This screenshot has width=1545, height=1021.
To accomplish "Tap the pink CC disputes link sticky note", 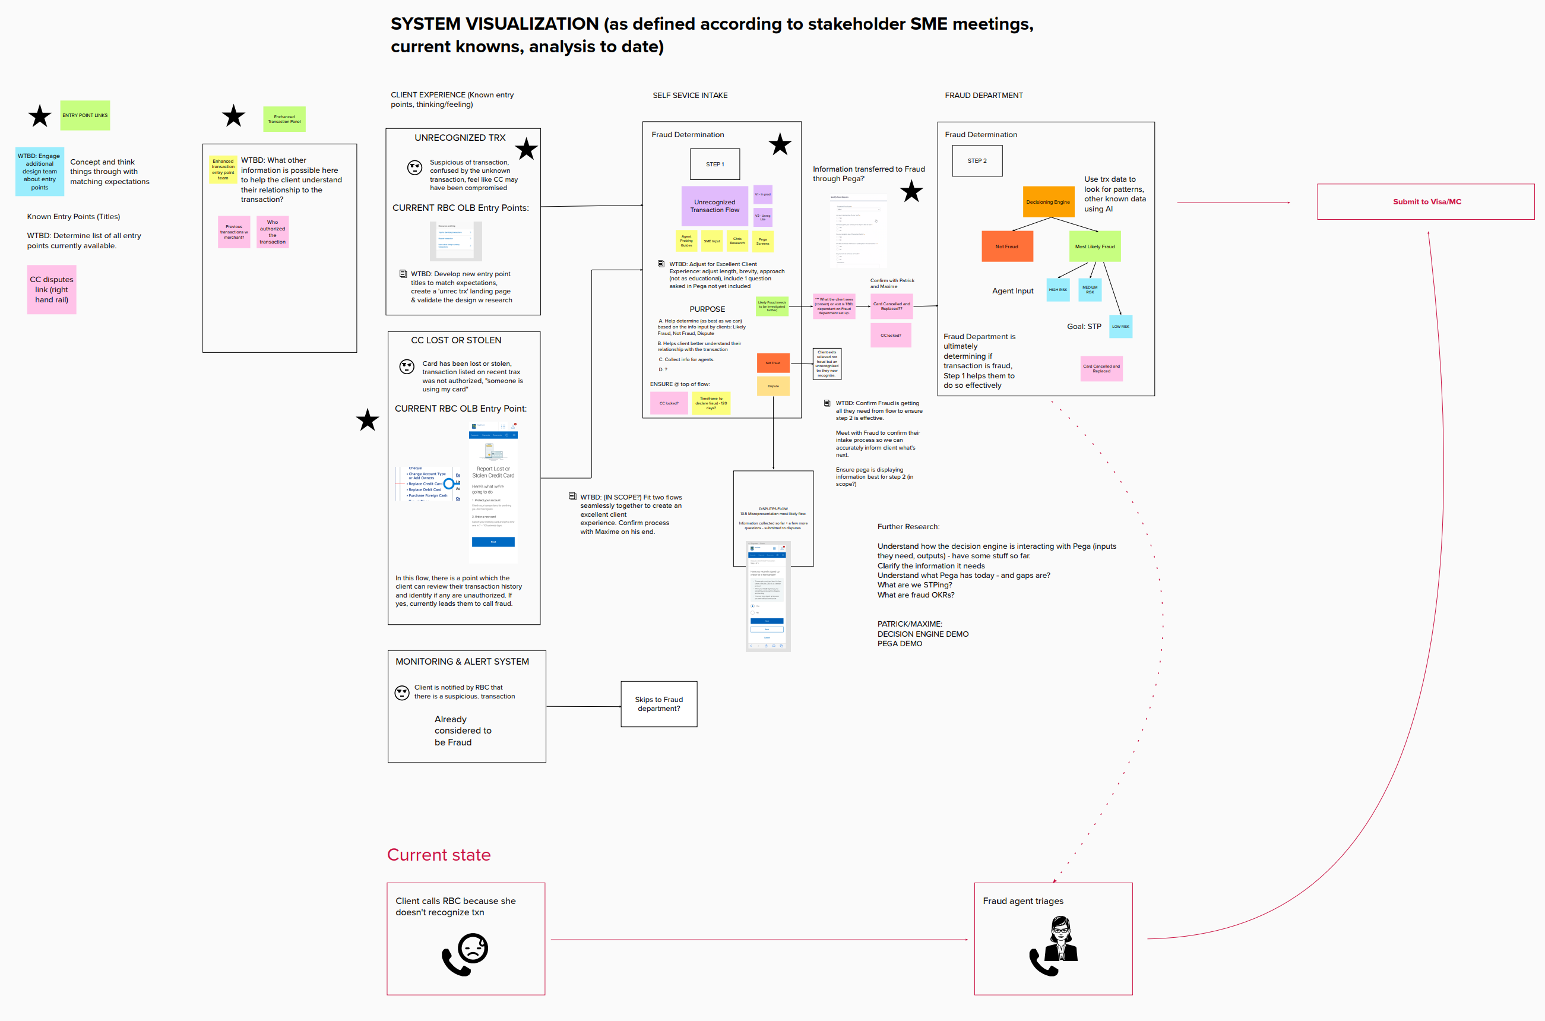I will click(x=52, y=289).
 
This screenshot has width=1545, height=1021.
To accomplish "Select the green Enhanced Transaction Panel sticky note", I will click(x=284, y=119).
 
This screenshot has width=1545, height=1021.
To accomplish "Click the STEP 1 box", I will click(x=714, y=164).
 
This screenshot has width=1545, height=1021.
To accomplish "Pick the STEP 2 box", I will click(x=977, y=161).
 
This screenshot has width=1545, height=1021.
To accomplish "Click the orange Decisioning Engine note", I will click(x=1048, y=202).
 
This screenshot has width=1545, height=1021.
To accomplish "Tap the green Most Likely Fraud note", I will click(x=1095, y=246).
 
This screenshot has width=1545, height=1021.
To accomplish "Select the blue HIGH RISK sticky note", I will click(x=1058, y=290).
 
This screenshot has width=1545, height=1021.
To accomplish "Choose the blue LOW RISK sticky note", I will click(x=1120, y=326).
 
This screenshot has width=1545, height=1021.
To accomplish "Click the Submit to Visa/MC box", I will click(x=1426, y=202).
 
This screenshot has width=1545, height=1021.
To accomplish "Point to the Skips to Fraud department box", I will click(x=658, y=704).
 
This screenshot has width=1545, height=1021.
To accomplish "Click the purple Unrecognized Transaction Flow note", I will click(x=714, y=206).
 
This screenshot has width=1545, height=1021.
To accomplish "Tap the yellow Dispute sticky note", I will click(x=773, y=386).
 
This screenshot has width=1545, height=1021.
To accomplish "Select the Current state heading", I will click(x=439, y=854).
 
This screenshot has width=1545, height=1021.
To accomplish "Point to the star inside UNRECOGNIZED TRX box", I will click(x=527, y=149).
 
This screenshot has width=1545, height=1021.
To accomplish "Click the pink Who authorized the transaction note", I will click(x=272, y=232).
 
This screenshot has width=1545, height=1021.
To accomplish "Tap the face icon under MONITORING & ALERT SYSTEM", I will click(x=402, y=692).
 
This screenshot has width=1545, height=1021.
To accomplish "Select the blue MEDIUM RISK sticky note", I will click(x=1090, y=290).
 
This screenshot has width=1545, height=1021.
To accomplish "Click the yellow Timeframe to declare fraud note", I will click(x=711, y=403).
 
